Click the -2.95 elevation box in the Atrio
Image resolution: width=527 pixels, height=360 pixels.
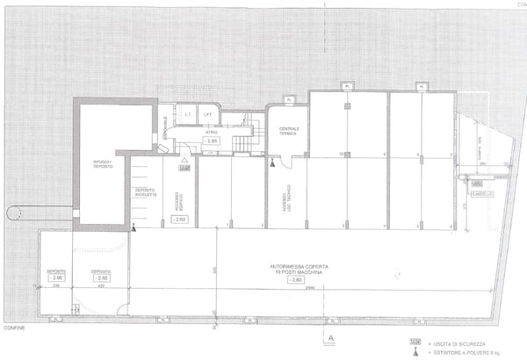tap(212, 140)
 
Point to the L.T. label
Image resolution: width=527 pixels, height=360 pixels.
tap(187, 114)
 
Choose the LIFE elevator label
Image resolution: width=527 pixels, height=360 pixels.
tap(208, 114)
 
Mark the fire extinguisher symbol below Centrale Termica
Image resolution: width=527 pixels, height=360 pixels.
tap(273, 163)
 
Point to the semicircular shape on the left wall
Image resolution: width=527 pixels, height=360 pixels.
tap(14, 212)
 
